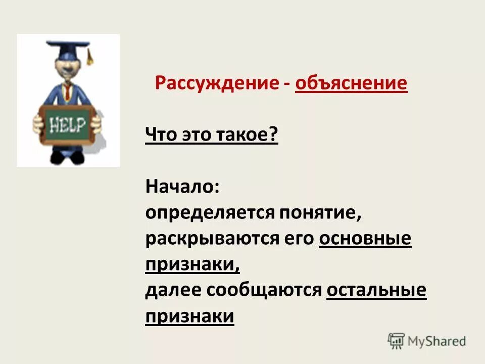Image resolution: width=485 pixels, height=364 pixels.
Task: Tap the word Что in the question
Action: click(161, 135)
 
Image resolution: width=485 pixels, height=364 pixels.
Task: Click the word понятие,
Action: click(319, 213)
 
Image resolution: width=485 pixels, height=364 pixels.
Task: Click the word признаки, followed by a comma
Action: click(192, 264)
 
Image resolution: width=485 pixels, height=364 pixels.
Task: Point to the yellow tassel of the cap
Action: click(90, 56)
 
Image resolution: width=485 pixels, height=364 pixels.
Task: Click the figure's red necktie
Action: click(68, 92)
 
